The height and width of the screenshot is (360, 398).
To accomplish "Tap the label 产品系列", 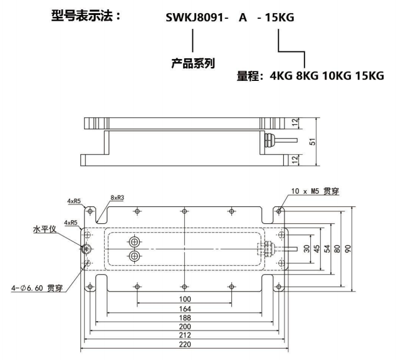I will click(193, 63).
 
